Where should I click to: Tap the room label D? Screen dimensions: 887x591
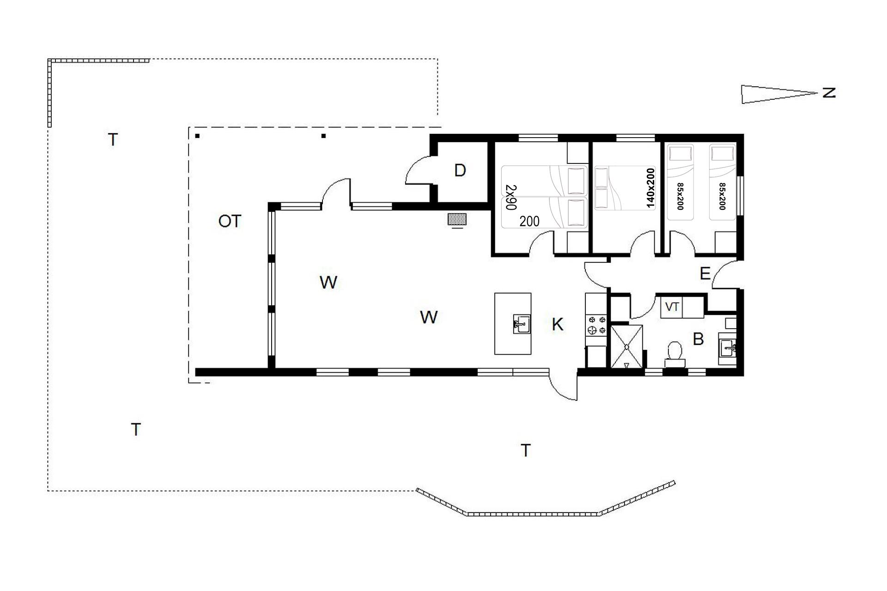(460, 171)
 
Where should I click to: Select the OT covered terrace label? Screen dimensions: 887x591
(230, 222)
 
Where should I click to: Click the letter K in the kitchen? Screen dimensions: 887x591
(558, 325)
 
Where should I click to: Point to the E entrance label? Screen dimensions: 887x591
(705, 274)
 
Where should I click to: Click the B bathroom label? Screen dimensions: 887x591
(698, 339)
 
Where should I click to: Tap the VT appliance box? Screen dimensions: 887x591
(672, 307)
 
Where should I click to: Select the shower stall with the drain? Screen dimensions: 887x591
(626, 346)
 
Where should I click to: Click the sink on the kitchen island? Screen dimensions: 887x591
(522, 324)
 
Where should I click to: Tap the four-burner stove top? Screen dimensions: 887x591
(595, 325)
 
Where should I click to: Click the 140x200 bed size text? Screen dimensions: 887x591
(650, 188)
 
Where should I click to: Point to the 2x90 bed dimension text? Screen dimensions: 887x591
(511, 198)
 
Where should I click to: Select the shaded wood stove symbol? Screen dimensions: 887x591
(457, 219)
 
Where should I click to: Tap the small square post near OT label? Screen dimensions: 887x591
(197, 136)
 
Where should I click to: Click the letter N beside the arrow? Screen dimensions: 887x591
(829, 93)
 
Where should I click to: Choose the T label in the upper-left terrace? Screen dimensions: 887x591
(113, 139)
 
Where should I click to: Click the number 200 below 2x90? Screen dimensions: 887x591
(529, 222)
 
